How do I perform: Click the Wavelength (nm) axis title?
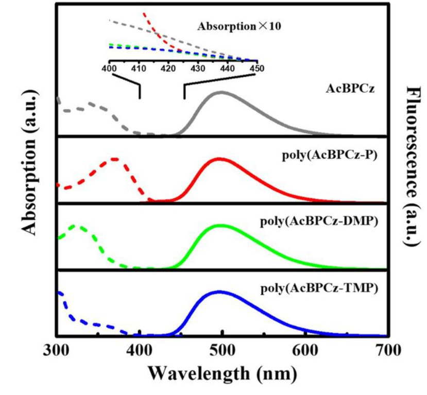coord(222,374)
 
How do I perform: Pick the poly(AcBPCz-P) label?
coord(335,157)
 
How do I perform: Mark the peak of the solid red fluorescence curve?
coord(219,159)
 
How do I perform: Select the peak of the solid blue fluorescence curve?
coord(220,291)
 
